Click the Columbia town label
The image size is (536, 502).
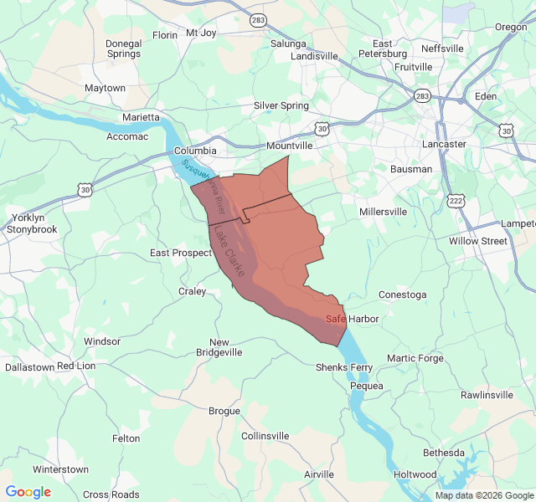coord(197,151)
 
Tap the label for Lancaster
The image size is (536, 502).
coord(444,144)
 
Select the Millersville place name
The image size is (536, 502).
coord(383,212)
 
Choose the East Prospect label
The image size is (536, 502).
coord(181,253)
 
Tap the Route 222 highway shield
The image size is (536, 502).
coord(456,201)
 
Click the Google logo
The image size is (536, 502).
coord(28,492)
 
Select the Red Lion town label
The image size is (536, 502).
coord(76,366)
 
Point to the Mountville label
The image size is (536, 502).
coord(289,146)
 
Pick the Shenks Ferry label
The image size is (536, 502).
coord(343,367)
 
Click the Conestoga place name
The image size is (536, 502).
coord(402,295)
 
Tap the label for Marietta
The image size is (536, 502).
coord(141,117)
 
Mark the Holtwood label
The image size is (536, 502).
coord(415,474)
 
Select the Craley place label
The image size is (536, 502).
coord(192,291)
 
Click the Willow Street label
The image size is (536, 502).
coord(477,241)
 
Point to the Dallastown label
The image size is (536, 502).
coord(29,366)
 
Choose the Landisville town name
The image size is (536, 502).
coord(314,56)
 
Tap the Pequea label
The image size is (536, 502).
coord(366,386)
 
